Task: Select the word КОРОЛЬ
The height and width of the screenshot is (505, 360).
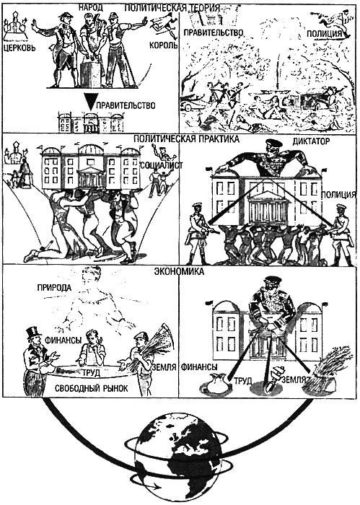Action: (x=163, y=45)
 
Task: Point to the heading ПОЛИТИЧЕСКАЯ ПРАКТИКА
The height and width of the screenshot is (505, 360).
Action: (x=186, y=139)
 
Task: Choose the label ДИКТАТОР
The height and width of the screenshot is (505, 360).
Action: (x=311, y=141)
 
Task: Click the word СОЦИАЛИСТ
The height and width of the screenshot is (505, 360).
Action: (x=162, y=165)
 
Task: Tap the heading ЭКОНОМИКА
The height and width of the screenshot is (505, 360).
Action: (x=179, y=271)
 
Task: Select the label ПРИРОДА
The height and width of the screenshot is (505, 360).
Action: (x=54, y=286)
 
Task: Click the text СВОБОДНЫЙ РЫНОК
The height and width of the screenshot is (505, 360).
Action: (x=91, y=388)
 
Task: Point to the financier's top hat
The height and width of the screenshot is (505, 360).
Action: (x=34, y=335)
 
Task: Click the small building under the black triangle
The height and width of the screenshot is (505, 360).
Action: (x=90, y=123)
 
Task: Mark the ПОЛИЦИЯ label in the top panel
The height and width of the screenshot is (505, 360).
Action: (x=324, y=33)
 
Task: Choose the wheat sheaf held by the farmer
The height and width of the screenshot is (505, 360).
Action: (x=159, y=349)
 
